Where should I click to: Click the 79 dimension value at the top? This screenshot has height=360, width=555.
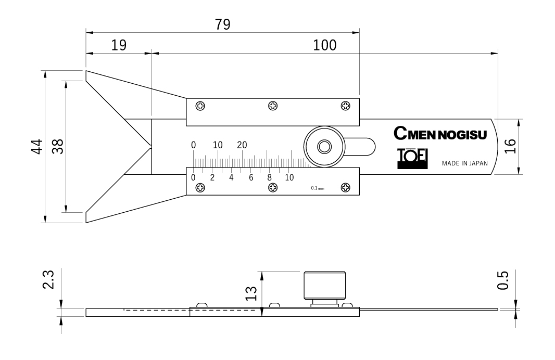click(x=223, y=24)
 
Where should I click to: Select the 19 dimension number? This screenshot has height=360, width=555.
click(x=119, y=45)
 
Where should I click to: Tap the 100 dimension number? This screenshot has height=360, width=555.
click(x=324, y=45)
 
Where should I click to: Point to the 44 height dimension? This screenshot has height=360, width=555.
click(x=37, y=146)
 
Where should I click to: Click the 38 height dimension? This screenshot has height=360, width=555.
click(x=58, y=146)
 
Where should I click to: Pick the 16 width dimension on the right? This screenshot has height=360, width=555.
click(x=510, y=146)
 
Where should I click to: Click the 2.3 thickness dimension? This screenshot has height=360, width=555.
click(x=48, y=279)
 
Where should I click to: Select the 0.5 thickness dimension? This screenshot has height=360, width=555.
click(x=502, y=280)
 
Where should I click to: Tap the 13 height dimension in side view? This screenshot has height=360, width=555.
click(x=251, y=293)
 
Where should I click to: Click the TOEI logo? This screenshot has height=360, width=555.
click(x=412, y=159)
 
